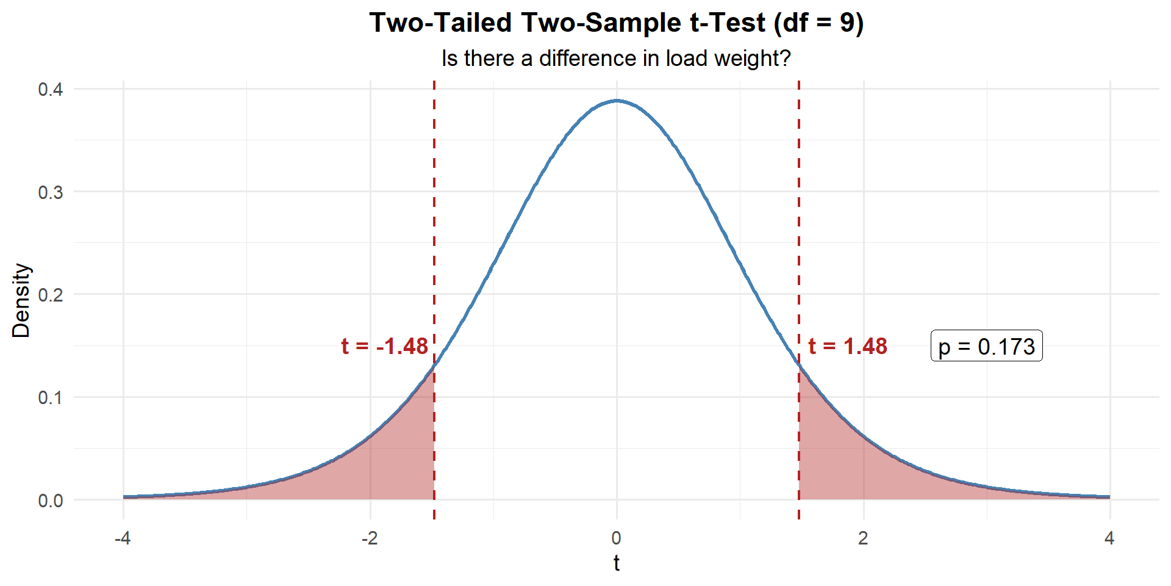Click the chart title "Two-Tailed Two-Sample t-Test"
[616, 23]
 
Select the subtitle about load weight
[616, 59]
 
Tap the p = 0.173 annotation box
[986, 346]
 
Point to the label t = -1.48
[385, 346]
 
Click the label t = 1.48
[848, 346]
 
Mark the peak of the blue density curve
[617, 101]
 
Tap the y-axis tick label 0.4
[51, 89]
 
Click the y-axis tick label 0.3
[51, 192]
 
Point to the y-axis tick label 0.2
[51, 295]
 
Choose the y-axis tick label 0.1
[51, 397]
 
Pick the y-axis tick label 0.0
[51, 501]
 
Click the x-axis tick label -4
[123, 538]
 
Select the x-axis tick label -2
[370, 538]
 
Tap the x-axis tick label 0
[617, 538]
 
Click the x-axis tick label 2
[863, 538]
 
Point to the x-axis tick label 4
[1109, 538]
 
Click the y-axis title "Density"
[21, 300]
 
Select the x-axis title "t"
[617, 563]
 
